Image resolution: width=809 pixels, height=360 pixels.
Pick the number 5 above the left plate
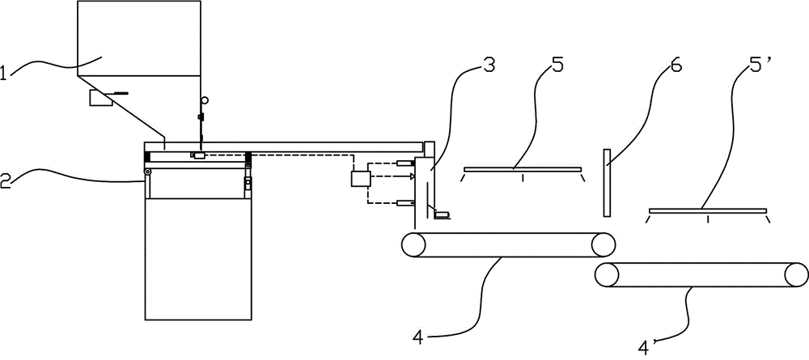557,66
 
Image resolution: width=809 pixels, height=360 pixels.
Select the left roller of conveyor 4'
606,275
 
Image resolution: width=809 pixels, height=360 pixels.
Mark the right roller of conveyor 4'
796,275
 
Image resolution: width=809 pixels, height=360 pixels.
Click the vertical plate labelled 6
607,182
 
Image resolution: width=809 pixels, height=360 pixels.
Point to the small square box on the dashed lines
359,180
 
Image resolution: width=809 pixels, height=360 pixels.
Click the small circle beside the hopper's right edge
205,100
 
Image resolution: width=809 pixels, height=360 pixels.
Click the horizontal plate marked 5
522,168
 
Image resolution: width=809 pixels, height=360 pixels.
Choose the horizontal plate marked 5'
707,210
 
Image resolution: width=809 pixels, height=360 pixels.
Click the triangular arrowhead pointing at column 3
412,176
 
